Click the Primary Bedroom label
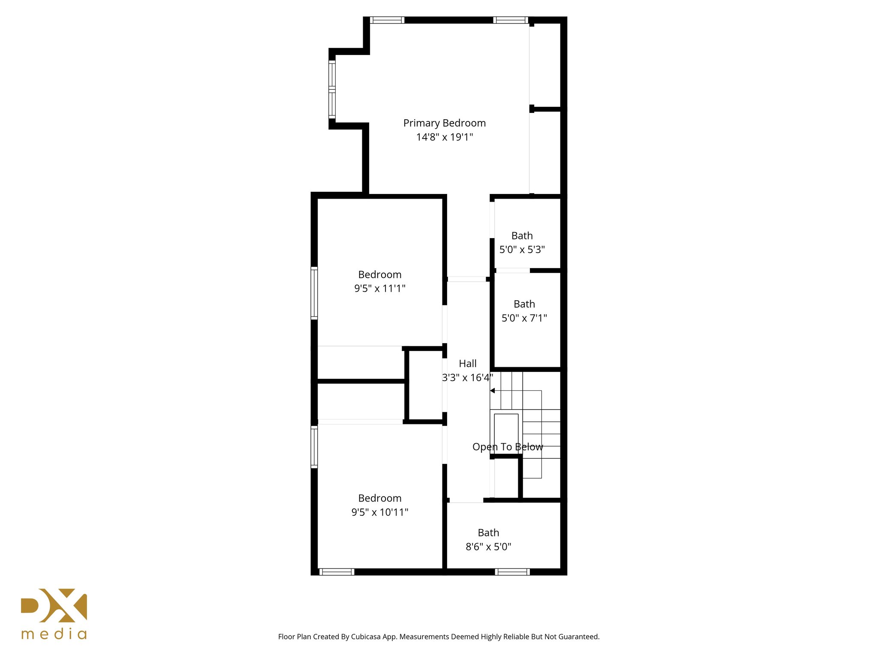[x=444, y=123]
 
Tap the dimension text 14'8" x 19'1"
[x=444, y=137]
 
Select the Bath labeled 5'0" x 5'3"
[x=522, y=236]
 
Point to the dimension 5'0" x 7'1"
[x=524, y=318]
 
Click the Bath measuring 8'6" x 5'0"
[x=488, y=533]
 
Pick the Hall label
[x=467, y=364]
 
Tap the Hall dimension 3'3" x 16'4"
[x=467, y=378]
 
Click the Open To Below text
[x=508, y=447]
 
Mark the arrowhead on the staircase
[x=493, y=391]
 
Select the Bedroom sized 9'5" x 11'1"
[x=379, y=275]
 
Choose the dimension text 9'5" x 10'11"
[x=379, y=512]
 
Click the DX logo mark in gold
[x=54, y=605]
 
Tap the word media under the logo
[x=54, y=634]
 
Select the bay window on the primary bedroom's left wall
[x=332, y=89]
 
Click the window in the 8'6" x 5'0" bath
[x=512, y=572]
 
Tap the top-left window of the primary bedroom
[x=387, y=20]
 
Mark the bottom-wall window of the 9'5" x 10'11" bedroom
[x=337, y=572]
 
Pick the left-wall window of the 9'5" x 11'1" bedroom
[x=314, y=293]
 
